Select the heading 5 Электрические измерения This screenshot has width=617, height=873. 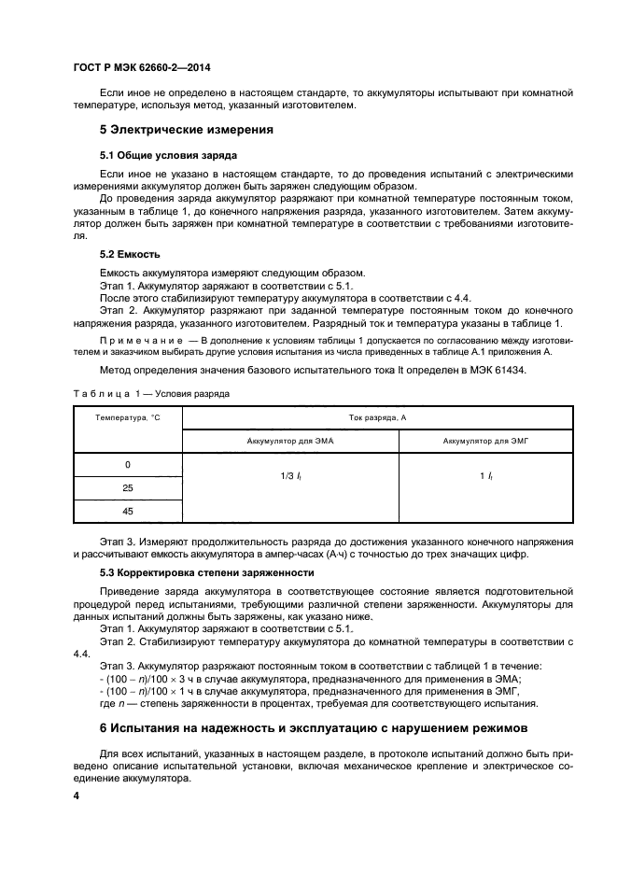(x=187, y=129)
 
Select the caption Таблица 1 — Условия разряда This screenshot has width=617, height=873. (x=150, y=394)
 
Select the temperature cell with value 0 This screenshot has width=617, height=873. (x=127, y=464)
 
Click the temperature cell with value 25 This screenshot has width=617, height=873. (x=127, y=487)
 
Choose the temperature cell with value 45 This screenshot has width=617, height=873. (x=127, y=511)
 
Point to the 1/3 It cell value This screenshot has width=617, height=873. (x=289, y=476)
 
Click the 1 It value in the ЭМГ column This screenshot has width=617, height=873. (x=485, y=476)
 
